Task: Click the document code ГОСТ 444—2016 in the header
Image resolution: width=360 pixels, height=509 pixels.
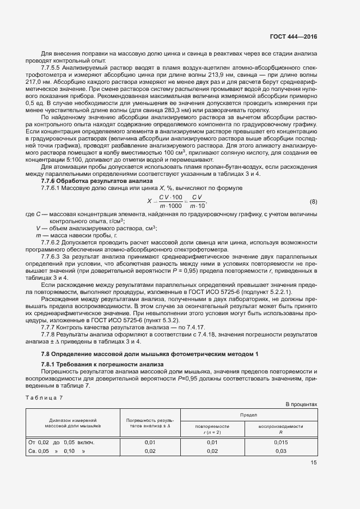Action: (293, 37)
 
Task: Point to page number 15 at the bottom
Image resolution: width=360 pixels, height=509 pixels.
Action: (313, 463)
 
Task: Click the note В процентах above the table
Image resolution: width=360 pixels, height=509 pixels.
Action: (301, 404)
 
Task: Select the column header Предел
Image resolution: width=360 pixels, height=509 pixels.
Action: (248, 415)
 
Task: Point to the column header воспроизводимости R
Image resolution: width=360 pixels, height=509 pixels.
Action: (280, 429)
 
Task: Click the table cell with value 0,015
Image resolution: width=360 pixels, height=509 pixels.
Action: (280, 443)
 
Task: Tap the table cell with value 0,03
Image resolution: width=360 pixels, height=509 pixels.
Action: (280, 451)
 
